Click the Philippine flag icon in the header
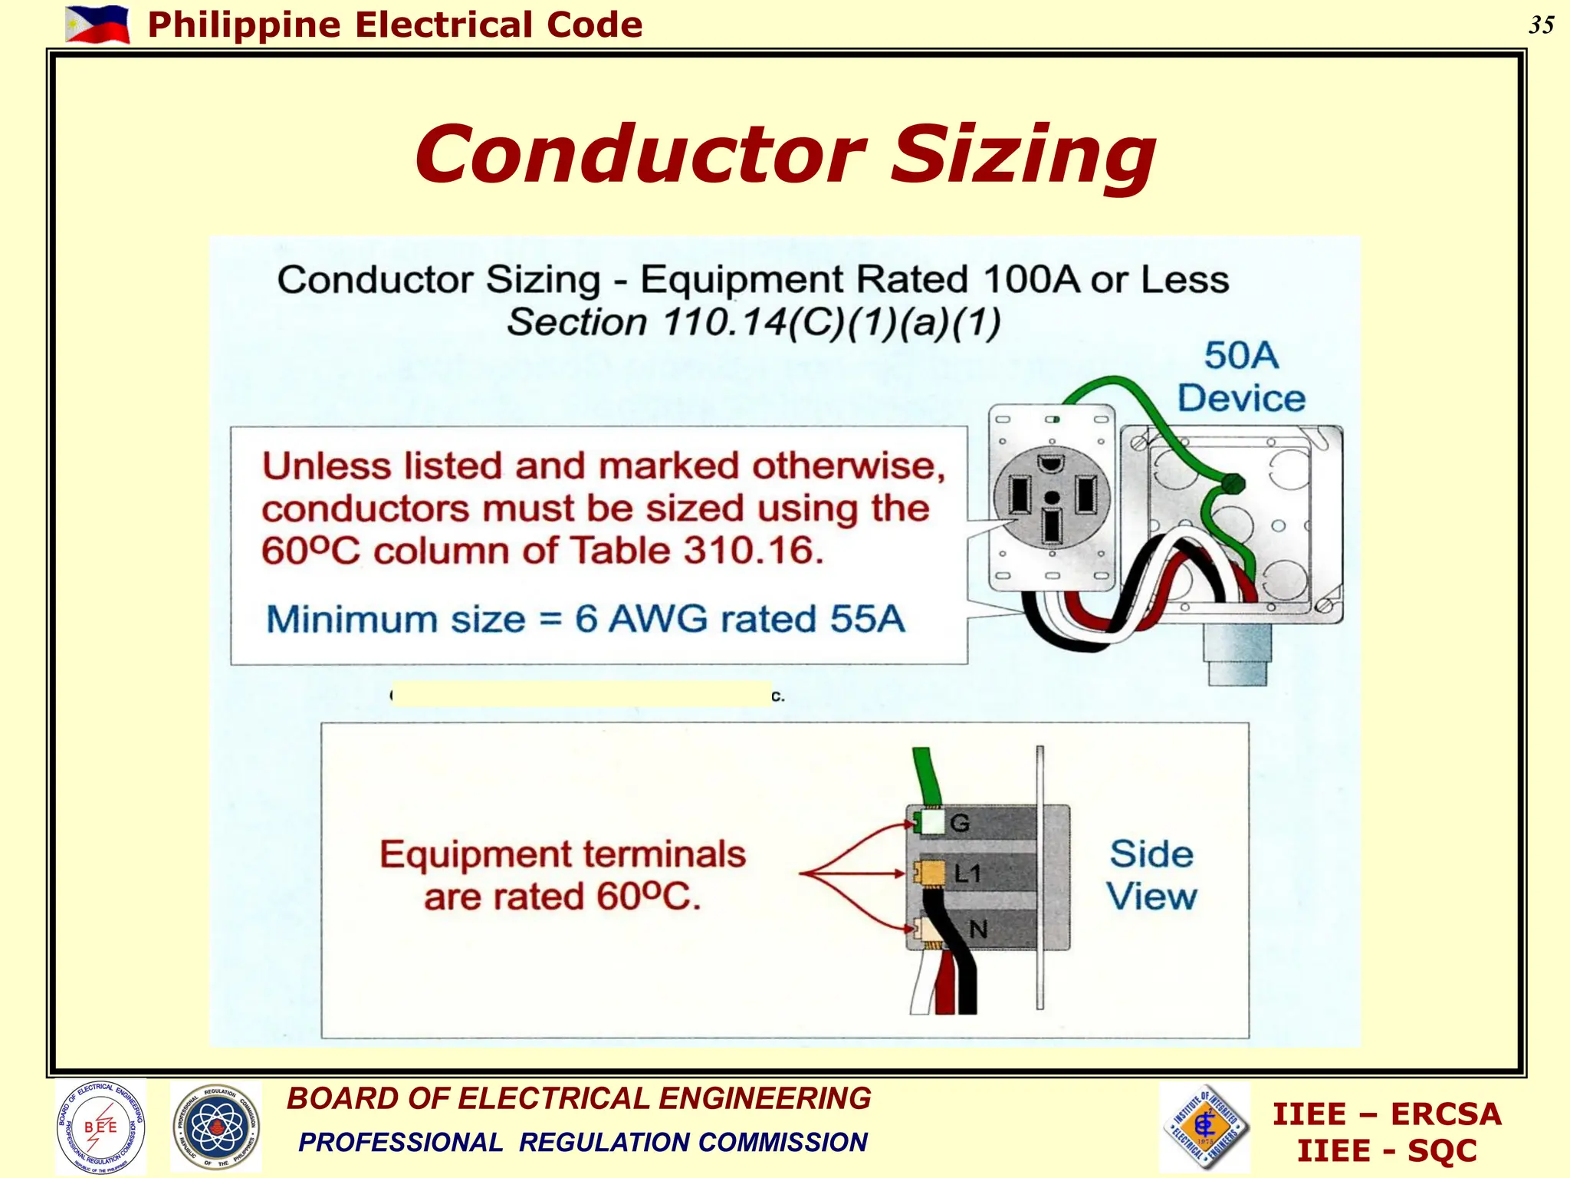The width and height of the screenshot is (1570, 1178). click(x=97, y=25)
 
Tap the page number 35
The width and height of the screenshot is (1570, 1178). click(x=1541, y=25)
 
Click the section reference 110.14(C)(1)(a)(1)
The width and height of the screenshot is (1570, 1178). click(x=832, y=322)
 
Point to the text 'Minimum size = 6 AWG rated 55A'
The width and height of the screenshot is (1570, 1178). click(x=586, y=619)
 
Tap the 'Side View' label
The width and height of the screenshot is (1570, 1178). click(x=1151, y=875)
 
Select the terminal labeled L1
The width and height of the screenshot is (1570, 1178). click(x=932, y=874)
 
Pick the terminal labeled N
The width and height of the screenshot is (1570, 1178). click(x=932, y=930)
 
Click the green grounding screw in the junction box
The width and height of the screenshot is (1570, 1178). click(x=1232, y=484)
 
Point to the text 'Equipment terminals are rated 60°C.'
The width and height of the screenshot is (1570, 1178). click(x=562, y=875)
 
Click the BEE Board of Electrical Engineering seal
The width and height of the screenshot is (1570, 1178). click(x=100, y=1127)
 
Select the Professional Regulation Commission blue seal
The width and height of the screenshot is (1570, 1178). click(x=216, y=1127)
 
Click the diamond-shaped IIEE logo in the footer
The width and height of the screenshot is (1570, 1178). click(x=1206, y=1127)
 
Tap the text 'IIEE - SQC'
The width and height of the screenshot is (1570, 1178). click(x=1386, y=1150)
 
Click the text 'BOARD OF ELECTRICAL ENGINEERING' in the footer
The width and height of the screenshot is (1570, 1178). click(x=579, y=1098)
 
